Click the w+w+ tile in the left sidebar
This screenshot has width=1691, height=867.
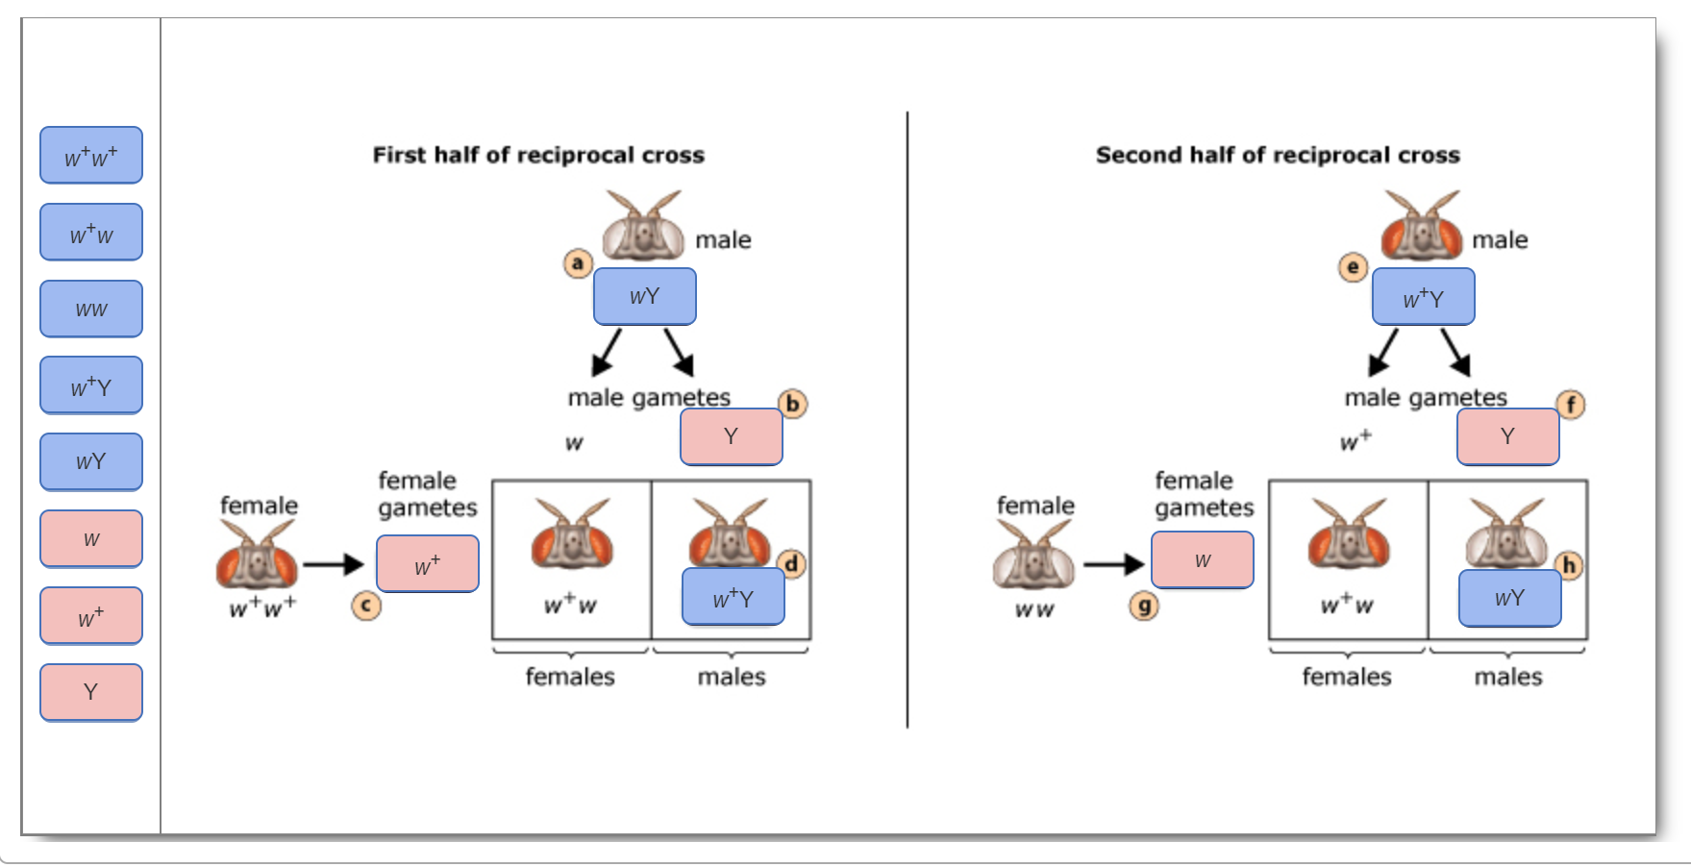pos(91,156)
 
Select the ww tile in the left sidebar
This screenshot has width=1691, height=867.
pos(91,309)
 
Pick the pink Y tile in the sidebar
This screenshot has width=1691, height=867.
pos(91,692)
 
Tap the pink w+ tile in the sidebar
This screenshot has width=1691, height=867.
pos(91,616)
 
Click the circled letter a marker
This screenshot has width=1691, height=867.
pos(578,262)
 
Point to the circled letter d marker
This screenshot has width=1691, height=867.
pos(791,564)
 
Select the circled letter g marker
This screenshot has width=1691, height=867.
pos(1144,606)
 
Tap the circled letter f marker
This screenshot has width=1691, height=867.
pos(1571,405)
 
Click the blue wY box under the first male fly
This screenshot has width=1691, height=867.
pos(645,297)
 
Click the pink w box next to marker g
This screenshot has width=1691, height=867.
pos(1203,560)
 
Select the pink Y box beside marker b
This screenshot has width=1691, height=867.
pos(732,436)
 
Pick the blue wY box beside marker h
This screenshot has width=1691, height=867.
pos(1509,598)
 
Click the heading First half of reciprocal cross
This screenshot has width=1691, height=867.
pos(538,155)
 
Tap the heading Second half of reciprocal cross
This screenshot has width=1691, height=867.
pos(1278,155)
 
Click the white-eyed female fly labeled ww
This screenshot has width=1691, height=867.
pos(1033,557)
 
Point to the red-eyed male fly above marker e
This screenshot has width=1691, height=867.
pos(1421,228)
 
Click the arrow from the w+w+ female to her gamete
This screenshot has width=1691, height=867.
pos(334,564)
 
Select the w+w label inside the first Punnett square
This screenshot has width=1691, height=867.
pos(570,605)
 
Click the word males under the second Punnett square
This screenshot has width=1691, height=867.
pos(1508,677)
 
